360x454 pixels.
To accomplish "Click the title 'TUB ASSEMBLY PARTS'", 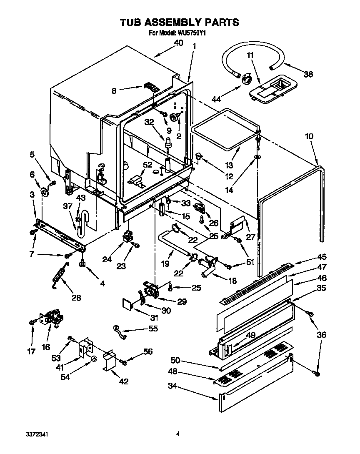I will pos(180,23).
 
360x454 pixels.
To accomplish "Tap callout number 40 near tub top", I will pos(178,43).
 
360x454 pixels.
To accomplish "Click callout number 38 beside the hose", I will pos(308,75).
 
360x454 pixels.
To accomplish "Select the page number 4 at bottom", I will pos(178,434).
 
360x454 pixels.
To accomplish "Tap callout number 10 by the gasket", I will pos(309,136).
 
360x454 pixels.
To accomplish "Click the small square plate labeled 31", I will pos(127,304).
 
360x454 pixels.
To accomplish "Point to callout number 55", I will pos(153,329).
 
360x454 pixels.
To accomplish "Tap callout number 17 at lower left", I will pos(31,351).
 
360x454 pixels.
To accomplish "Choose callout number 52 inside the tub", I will pos(147,165).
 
